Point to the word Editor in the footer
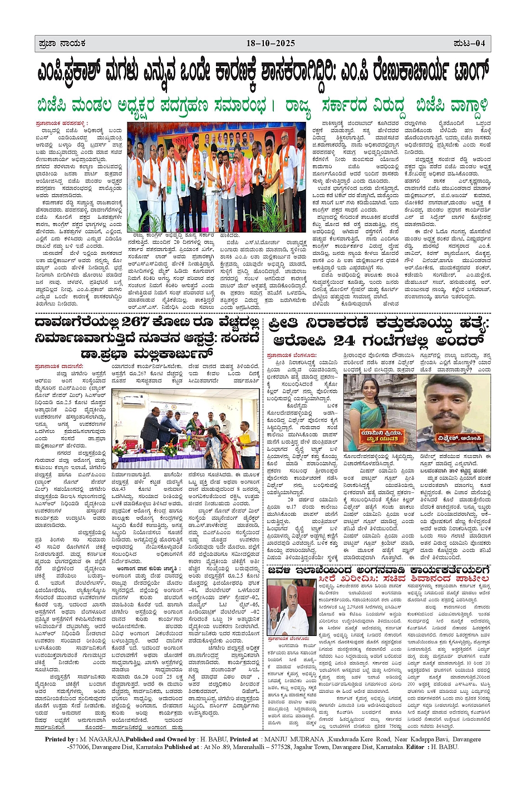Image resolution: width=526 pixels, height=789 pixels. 416,747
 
